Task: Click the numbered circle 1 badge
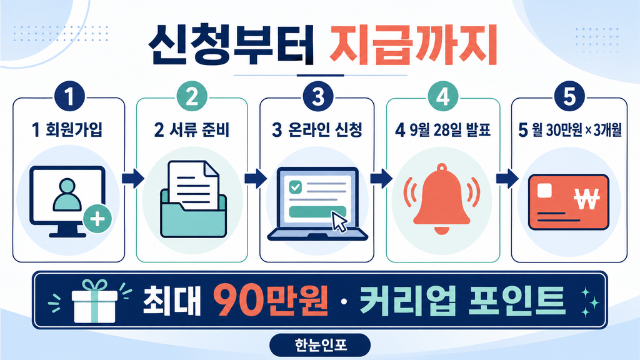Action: (x=69, y=97)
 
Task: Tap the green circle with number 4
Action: (x=443, y=97)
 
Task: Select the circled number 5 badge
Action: (x=569, y=97)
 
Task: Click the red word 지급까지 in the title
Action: (x=413, y=45)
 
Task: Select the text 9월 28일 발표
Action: (x=449, y=130)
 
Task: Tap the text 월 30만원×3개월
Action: (x=576, y=130)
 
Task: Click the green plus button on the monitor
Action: (x=97, y=219)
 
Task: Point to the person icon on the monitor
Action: (x=67, y=194)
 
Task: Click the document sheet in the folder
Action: (x=194, y=184)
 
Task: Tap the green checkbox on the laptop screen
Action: (x=295, y=187)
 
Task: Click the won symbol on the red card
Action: (x=586, y=199)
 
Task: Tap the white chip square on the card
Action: (x=545, y=191)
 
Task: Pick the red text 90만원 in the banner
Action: (x=271, y=301)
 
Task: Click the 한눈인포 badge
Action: (x=321, y=345)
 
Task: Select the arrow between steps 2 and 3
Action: (x=256, y=178)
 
